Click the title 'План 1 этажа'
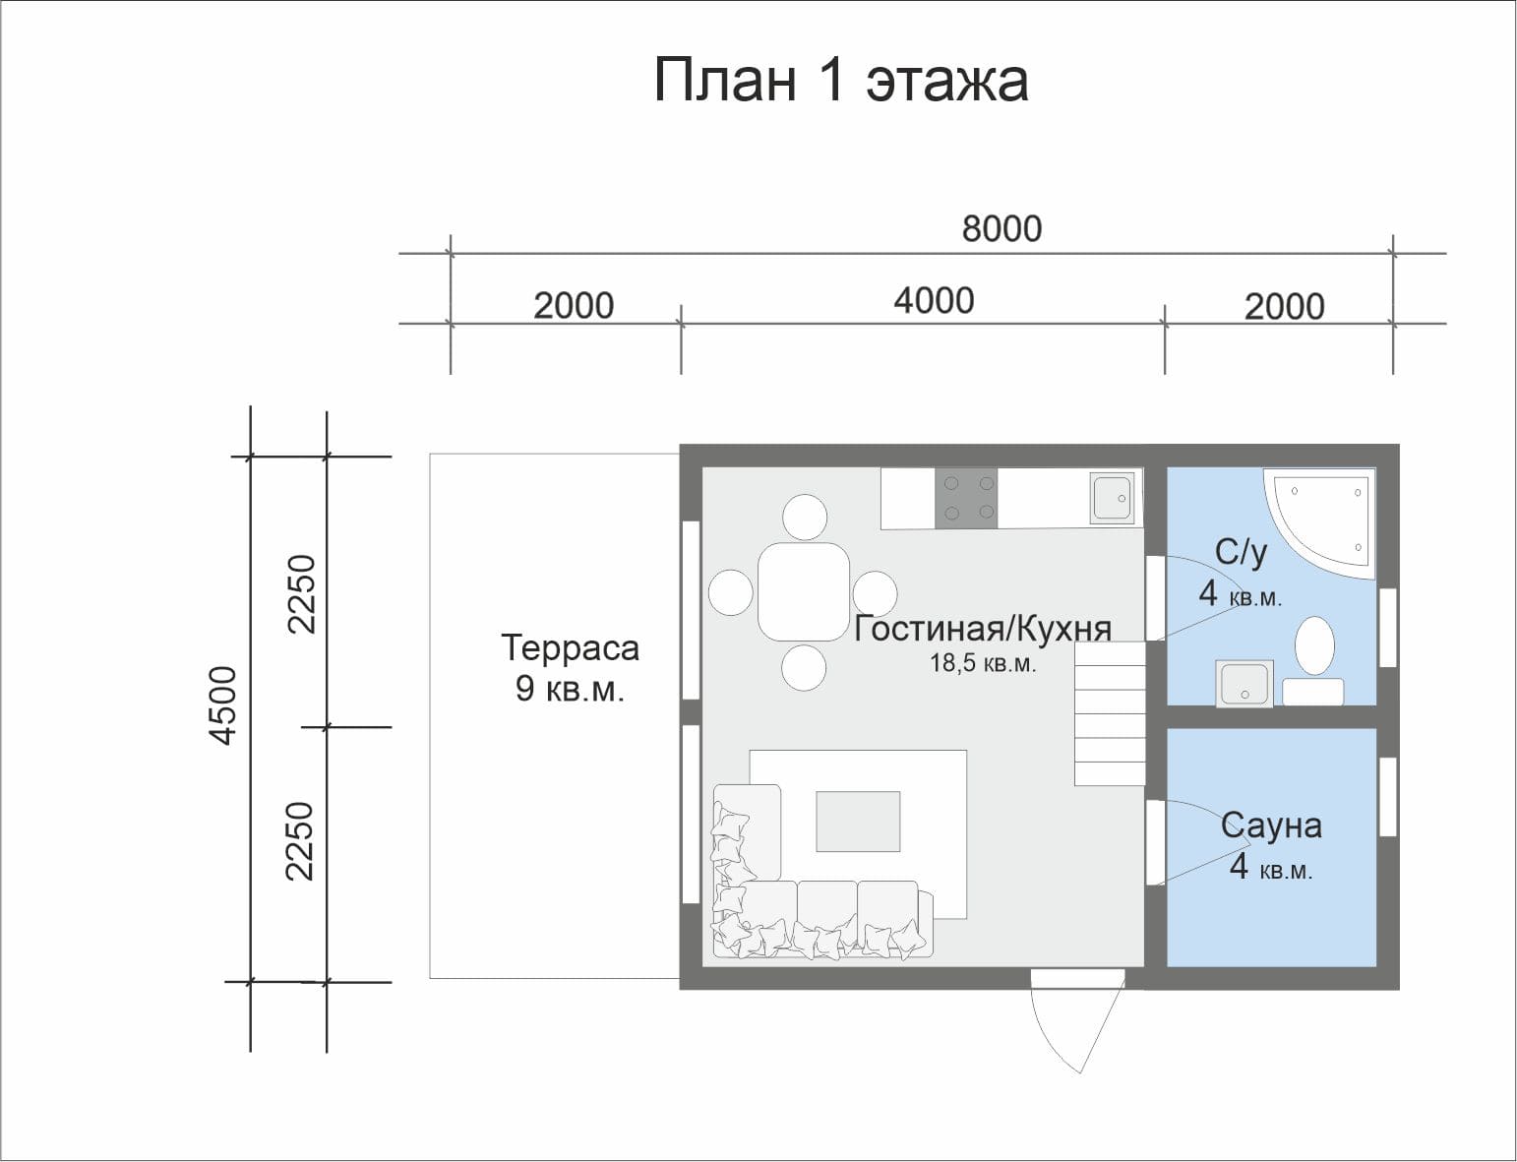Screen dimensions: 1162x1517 [841, 80]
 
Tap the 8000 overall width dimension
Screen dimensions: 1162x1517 [1001, 228]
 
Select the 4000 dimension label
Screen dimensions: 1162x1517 [934, 300]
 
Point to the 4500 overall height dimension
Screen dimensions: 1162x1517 [224, 705]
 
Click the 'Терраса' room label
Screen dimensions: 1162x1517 [570, 648]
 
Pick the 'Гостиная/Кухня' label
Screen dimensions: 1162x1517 [982, 629]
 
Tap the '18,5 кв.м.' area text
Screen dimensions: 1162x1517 [983, 664]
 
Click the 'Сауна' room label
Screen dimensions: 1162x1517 [1271, 826]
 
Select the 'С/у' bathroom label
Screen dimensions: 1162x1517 [1241, 552]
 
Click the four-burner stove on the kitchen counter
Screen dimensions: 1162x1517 [965, 498]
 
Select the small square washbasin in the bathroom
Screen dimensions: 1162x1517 [1244, 683]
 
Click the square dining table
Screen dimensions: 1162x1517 [804, 592]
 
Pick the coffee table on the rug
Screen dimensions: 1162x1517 [858, 822]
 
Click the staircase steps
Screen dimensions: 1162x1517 [1110, 713]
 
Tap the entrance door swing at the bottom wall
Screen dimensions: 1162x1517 [1077, 1018]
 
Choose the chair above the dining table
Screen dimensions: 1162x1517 [804, 517]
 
